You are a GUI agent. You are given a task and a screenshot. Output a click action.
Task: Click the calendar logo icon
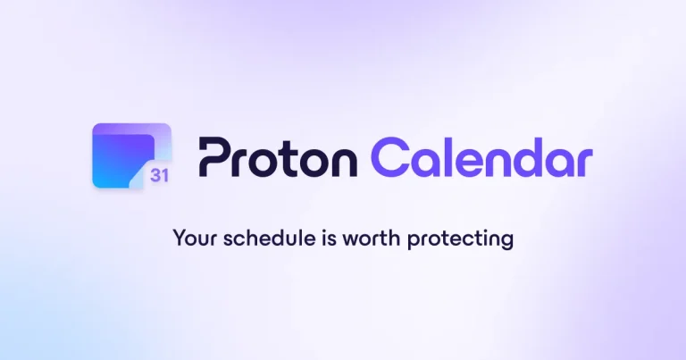coord(132,155)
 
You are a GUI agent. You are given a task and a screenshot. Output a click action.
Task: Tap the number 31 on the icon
coord(159,175)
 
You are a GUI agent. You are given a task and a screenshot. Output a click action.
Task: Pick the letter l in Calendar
coord(448,156)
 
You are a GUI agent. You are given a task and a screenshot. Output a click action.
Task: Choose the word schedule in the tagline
coord(260,239)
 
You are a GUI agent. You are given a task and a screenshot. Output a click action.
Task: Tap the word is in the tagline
coord(319,239)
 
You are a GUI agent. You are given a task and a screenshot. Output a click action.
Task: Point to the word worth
coord(361,239)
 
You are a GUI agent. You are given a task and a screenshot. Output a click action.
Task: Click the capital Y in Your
coord(179,239)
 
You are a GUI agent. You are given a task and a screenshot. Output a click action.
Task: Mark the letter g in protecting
coord(507,243)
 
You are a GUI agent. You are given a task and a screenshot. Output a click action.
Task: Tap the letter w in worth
coord(342,241)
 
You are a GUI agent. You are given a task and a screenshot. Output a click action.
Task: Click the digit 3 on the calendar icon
coord(155,175)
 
